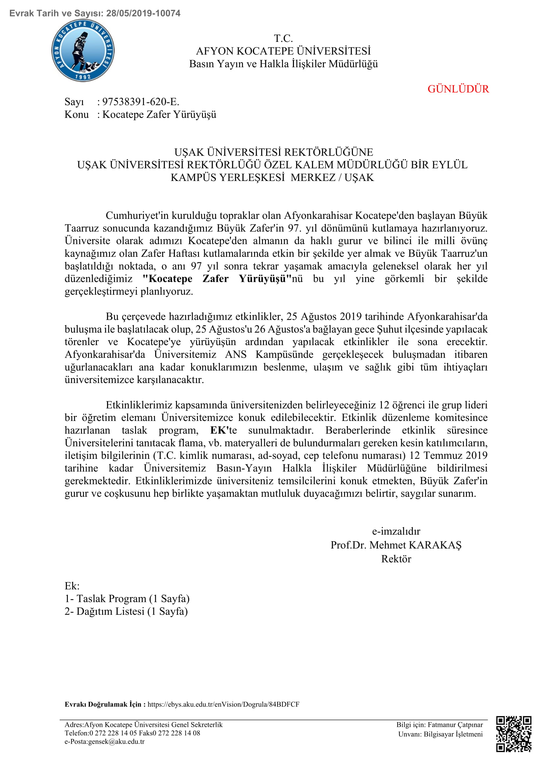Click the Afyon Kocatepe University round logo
click(83, 51)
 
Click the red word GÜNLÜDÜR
click(458, 89)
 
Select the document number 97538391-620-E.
click(141, 102)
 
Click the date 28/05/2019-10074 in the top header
click(143, 14)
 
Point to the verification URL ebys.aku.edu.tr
click(223, 704)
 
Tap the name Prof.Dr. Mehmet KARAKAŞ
click(396, 545)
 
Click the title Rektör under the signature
click(396, 559)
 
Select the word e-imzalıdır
click(396, 531)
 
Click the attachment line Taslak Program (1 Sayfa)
click(133, 598)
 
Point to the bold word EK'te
click(223, 430)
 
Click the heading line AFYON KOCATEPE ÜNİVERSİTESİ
click(283, 51)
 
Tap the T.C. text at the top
click(283, 38)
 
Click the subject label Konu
click(76, 114)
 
